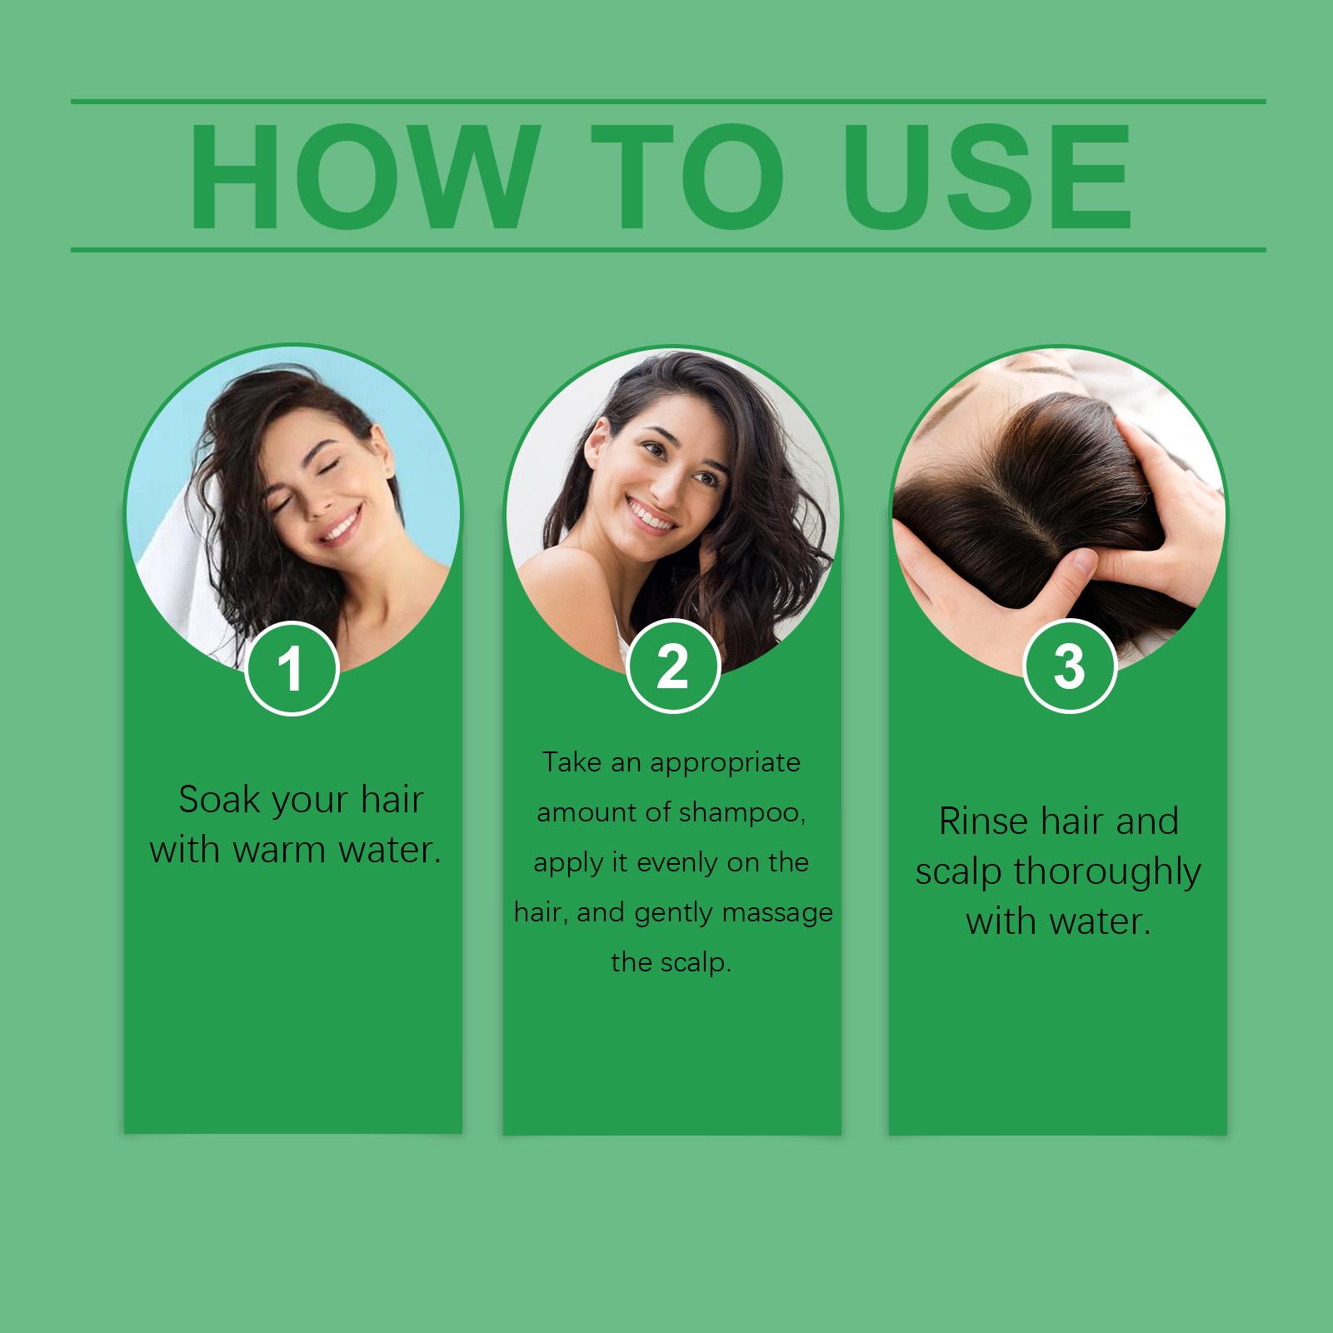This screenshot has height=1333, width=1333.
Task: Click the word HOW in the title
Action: click(x=360, y=177)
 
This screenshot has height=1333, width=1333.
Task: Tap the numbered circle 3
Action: click(x=1069, y=666)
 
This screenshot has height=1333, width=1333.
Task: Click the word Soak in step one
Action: click(x=220, y=800)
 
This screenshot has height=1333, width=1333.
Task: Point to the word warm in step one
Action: click(x=277, y=850)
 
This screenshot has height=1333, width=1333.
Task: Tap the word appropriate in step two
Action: click(x=725, y=762)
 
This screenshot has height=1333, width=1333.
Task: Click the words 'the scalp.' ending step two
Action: click(x=671, y=963)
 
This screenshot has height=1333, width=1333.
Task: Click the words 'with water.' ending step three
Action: click(x=1058, y=921)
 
